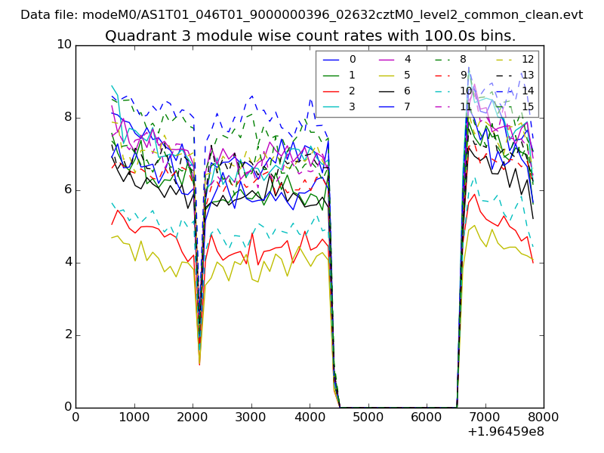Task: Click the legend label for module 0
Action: pos(352,59)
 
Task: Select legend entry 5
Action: pos(408,75)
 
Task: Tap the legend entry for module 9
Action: pos(464,75)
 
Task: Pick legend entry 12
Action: pos(528,59)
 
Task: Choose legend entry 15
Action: pos(528,106)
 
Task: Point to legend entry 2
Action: pos(352,91)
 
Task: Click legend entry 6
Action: pos(408,91)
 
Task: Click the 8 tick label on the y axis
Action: pos(66,117)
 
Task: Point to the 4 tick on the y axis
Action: pos(66,262)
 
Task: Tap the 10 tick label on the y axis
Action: pos(63,45)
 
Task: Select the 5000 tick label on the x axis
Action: pos(368,417)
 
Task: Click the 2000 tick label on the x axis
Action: pos(193,417)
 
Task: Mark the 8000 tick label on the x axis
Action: pos(544,417)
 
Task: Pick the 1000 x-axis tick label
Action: pos(134,417)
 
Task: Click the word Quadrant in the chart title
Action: pos(134,35)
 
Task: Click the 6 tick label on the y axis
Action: pos(66,190)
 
